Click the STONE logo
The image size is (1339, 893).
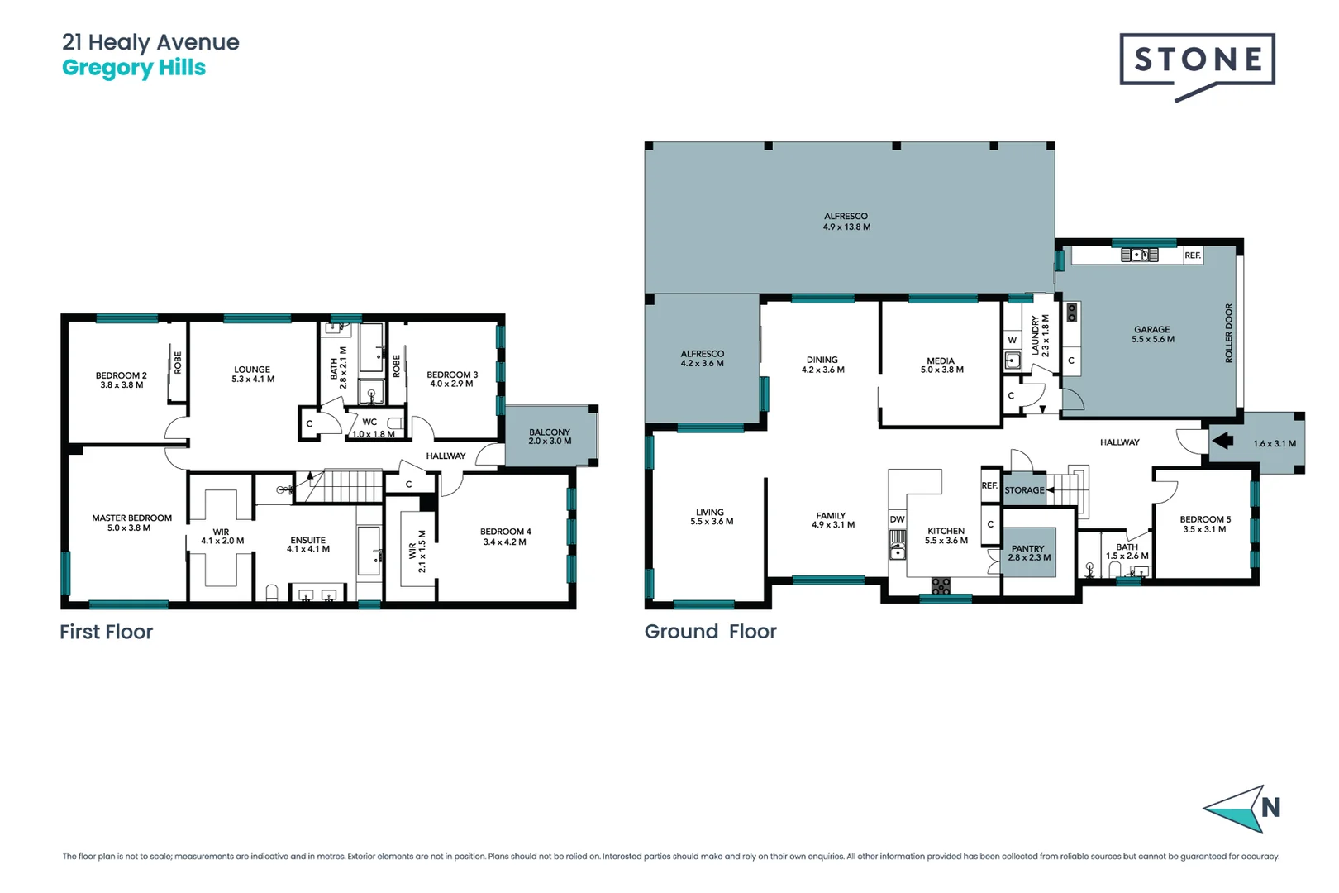tap(1197, 60)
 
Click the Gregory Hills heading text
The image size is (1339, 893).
tap(133, 68)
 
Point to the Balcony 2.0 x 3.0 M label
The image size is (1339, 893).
tap(550, 437)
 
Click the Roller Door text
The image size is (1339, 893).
tap(1228, 333)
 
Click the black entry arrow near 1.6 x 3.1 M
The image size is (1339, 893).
tap(1223, 441)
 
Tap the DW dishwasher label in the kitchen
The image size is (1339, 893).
tap(897, 519)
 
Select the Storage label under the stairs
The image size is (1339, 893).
tap(1024, 490)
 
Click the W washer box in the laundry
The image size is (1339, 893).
tap(1012, 340)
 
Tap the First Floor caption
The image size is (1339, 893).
tap(106, 632)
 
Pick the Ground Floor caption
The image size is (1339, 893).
tap(710, 632)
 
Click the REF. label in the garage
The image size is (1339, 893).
tap(1192, 255)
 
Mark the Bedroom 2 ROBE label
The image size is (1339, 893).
tap(178, 363)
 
